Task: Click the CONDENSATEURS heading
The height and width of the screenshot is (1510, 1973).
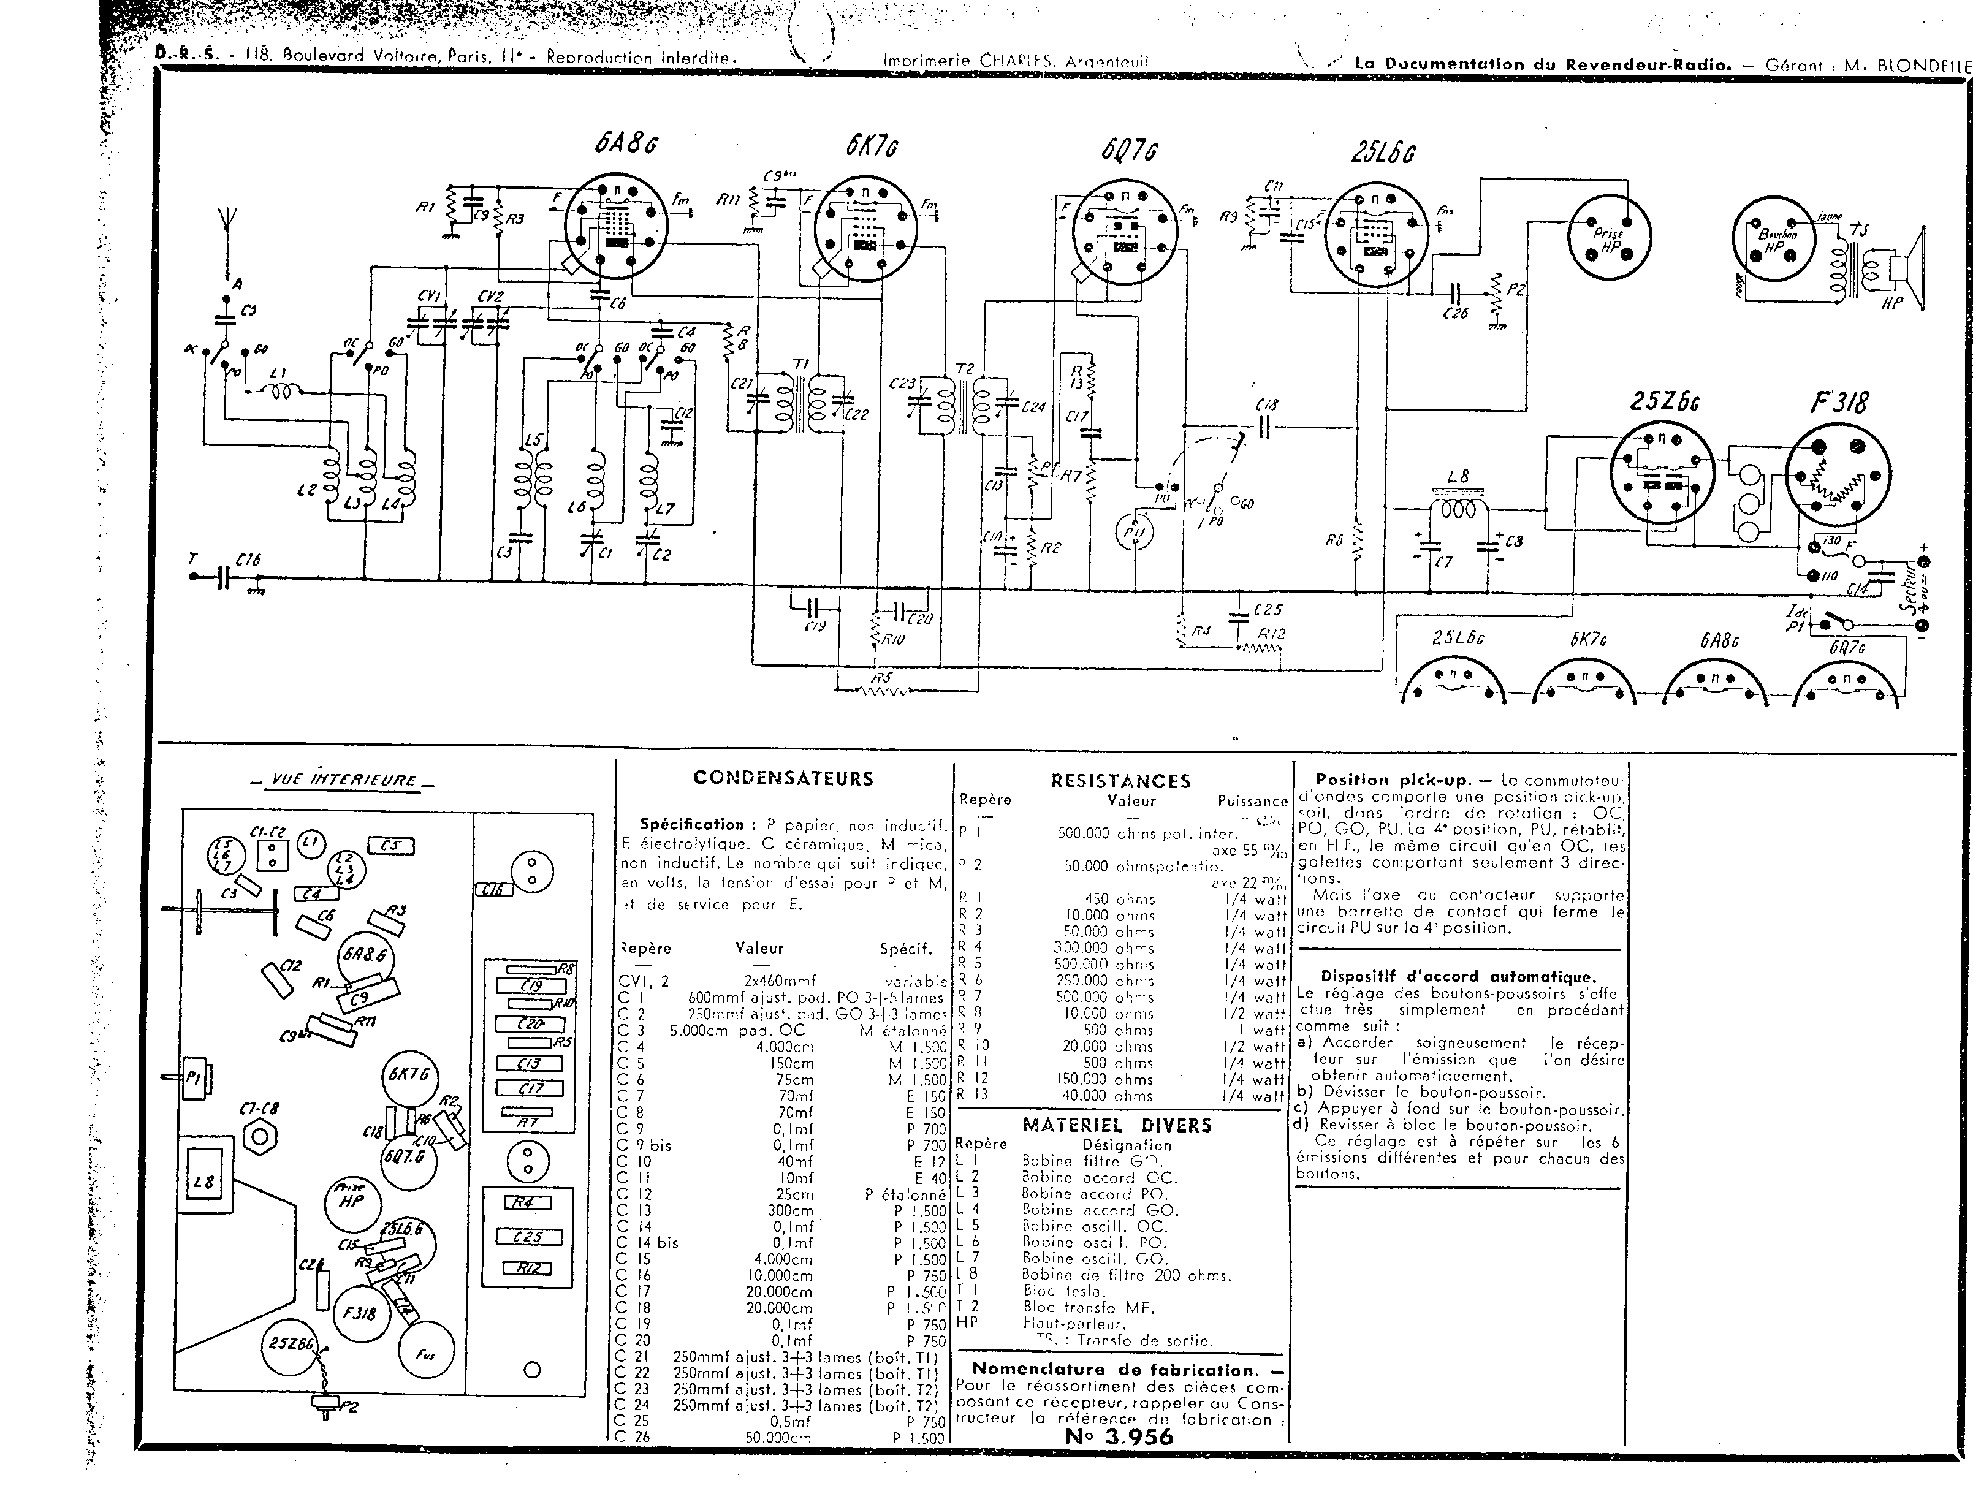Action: pyautogui.click(x=782, y=778)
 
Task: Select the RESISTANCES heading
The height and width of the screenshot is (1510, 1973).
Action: pyautogui.click(x=1120, y=781)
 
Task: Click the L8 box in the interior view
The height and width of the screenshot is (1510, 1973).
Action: pyautogui.click(x=204, y=1182)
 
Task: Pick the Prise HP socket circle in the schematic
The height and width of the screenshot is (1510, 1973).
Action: pyautogui.click(x=1608, y=237)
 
